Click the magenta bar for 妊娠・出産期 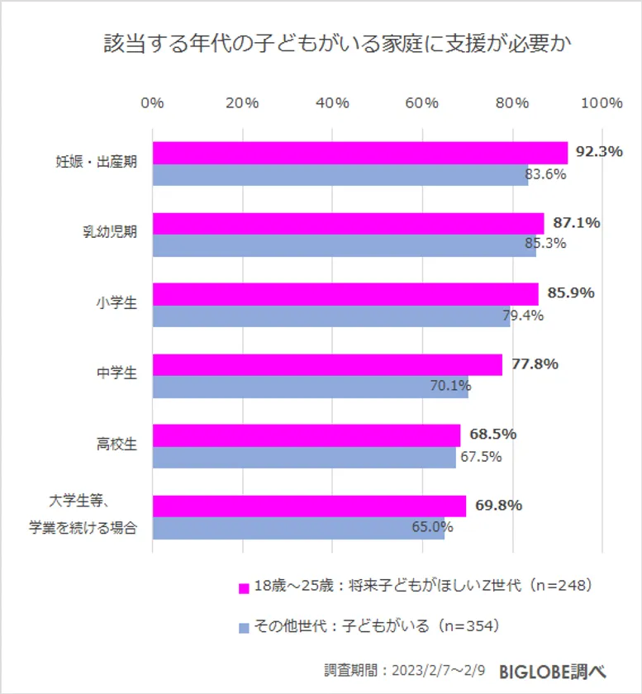coord(359,153)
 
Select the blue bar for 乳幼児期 coord(344,245)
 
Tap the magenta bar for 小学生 coord(345,294)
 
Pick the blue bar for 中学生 coord(310,387)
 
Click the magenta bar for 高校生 coord(306,435)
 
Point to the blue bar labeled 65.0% coord(298,528)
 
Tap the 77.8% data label coord(535,364)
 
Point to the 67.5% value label coord(480,457)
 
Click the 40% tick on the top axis coord(332,102)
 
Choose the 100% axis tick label coord(602,102)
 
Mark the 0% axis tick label coord(153,102)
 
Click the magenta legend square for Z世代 coord(244,588)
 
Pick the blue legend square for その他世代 coord(244,628)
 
